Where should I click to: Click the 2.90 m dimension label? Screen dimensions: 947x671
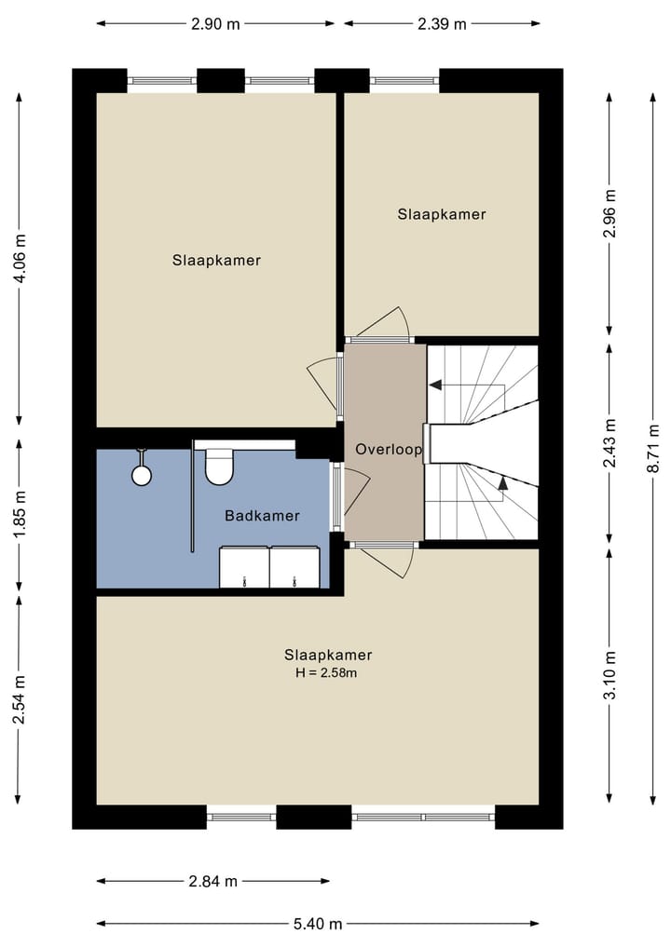pyautogui.click(x=215, y=24)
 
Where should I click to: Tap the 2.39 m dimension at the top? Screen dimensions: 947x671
pyautogui.click(x=442, y=24)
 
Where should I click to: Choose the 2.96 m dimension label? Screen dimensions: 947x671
pyautogui.click(x=609, y=214)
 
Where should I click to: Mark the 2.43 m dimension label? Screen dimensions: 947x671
pyautogui.click(x=609, y=441)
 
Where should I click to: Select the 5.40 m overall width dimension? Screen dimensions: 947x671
pyautogui.click(x=319, y=924)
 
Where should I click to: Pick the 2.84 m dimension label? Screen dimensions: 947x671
pyautogui.click(x=213, y=881)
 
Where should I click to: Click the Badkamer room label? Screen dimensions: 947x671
pyautogui.click(x=262, y=515)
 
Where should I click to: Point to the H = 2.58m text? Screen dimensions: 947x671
pyautogui.click(x=321, y=672)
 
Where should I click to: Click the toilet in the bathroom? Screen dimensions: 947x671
pyautogui.click(x=218, y=467)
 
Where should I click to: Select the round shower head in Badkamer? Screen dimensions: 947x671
pyautogui.click(x=142, y=475)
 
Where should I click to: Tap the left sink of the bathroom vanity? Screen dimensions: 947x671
pyautogui.click(x=243, y=568)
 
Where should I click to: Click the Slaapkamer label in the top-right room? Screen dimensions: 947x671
pyautogui.click(x=442, y=214)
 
